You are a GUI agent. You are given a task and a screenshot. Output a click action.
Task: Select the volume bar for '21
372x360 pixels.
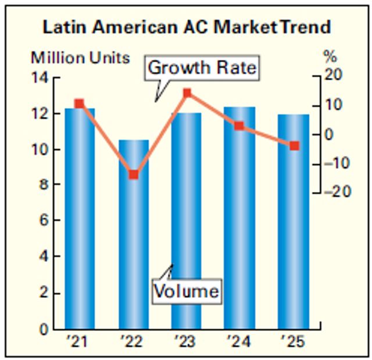point(80,221)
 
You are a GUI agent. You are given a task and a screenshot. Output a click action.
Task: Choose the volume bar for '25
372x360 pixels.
point(294,221)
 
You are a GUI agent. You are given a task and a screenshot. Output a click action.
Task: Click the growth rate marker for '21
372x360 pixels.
point(80,104)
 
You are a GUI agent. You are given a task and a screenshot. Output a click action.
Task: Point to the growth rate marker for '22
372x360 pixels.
point(134,174)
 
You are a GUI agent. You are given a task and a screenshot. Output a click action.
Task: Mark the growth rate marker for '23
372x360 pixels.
point(187,93)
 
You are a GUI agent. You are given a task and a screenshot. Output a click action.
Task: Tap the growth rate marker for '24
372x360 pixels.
point(239,126)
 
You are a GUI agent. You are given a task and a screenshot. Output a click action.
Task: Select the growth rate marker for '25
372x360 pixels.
point(294,145)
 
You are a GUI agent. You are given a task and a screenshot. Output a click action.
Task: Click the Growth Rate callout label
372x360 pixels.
point(202,68)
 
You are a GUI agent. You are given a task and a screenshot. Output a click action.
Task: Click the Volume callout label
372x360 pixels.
point(187,290)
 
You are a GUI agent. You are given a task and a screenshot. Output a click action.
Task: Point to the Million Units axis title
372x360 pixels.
point(80,58)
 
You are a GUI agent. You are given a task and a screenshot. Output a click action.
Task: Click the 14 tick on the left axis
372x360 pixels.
point(44,77)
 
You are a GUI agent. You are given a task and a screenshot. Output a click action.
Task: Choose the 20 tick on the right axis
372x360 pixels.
point(333,76)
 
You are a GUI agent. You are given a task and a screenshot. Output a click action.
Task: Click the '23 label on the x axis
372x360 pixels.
point(186,341)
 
